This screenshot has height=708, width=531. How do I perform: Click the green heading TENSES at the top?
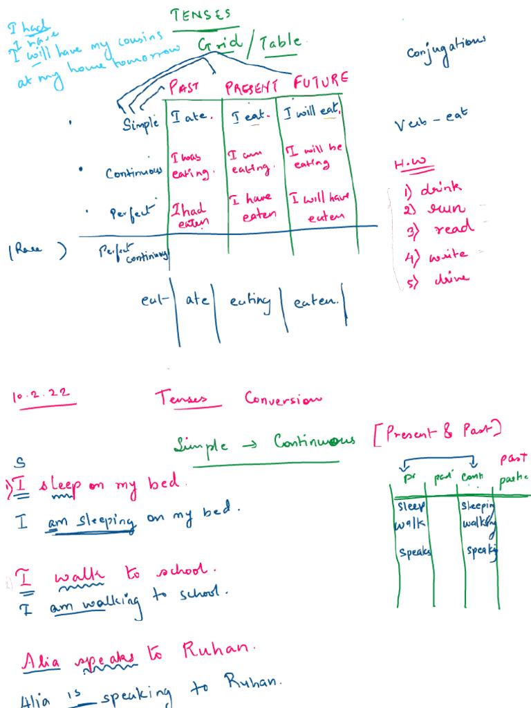click(200, 15)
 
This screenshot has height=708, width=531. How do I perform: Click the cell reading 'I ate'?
click(188, 118)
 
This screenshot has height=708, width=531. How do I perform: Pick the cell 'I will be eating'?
click(308, 158)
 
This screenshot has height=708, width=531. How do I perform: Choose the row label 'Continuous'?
click(134, 172)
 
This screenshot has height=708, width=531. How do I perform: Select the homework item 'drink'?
click(441, 189)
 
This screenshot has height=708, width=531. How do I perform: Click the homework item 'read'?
click(453, 229)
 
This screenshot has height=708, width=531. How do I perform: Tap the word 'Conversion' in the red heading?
click(283, 399)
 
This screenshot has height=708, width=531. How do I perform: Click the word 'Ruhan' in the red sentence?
click(218, 650)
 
